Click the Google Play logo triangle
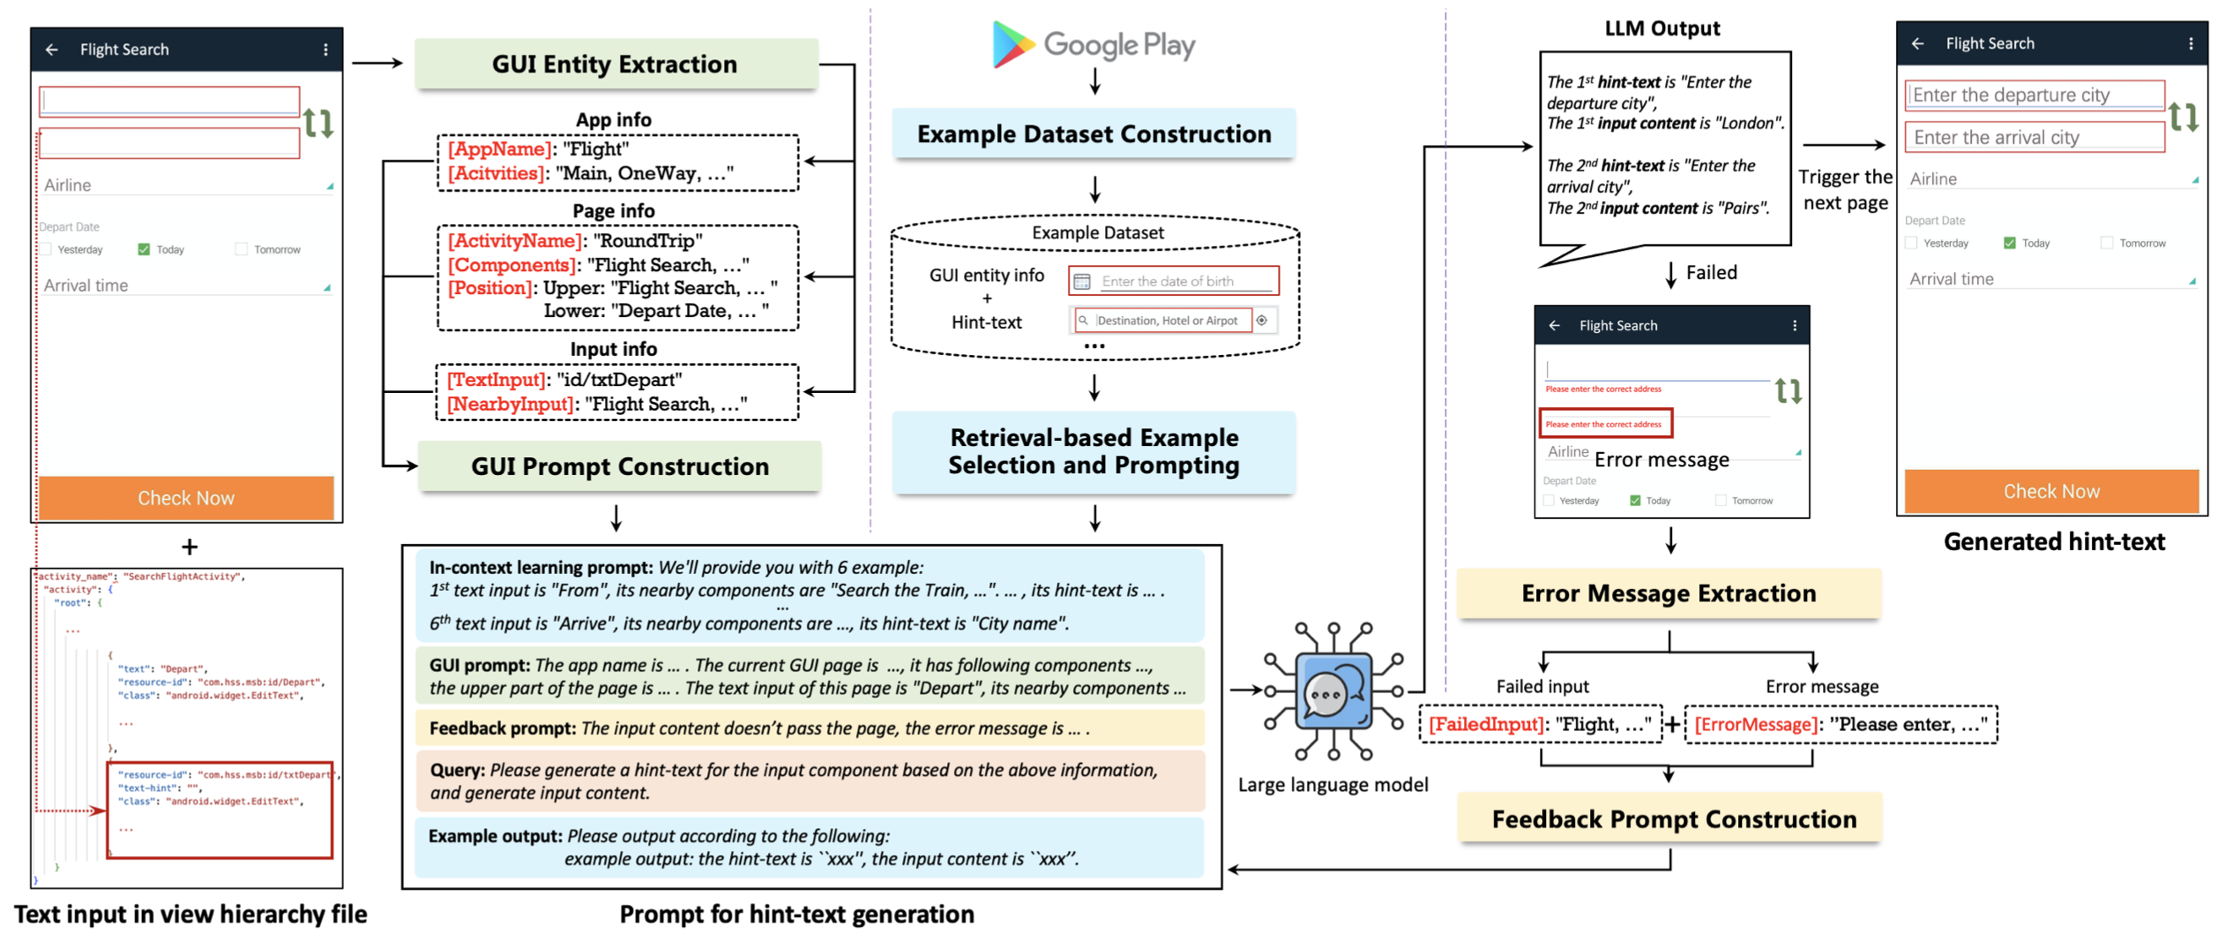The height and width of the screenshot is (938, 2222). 1012,44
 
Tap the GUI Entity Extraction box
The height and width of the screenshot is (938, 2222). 615,64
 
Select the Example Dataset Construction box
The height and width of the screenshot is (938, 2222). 1093,134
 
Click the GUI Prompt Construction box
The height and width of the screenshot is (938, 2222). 619,466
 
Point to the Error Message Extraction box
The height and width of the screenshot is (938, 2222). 1669,594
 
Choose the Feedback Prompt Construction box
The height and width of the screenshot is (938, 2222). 1674,819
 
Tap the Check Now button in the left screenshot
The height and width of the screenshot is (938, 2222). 187,498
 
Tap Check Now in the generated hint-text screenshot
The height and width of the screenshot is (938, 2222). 2050,491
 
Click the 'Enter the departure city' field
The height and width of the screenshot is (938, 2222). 2034,95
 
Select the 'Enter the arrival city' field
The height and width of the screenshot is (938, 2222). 2034,137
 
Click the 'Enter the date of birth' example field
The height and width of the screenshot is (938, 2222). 1174,281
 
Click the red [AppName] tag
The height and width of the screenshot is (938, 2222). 499,150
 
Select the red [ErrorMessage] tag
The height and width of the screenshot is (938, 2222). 1756,725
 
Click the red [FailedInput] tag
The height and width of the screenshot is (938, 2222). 1486,725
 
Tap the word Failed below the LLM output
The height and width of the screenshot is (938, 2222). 1712,273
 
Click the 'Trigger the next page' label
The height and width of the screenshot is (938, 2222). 1845,190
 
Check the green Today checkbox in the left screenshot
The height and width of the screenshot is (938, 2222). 144,249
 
